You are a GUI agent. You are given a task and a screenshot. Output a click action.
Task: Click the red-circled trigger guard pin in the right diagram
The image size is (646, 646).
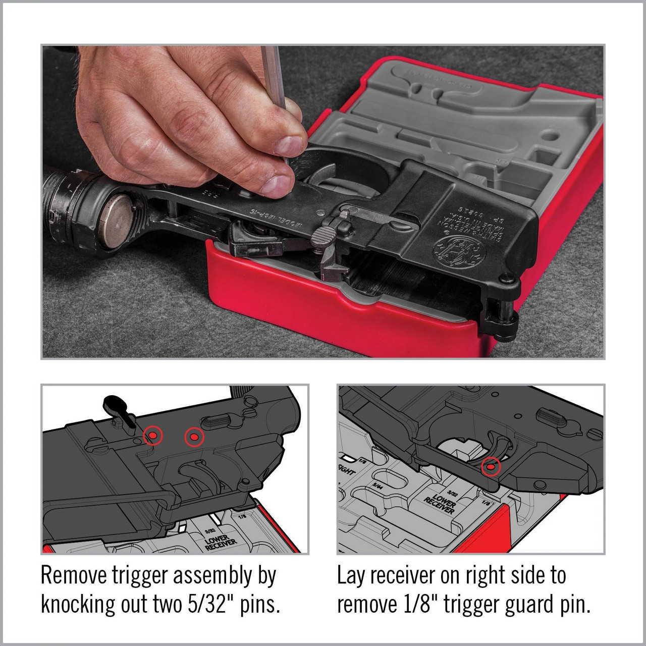tap(490, 467)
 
